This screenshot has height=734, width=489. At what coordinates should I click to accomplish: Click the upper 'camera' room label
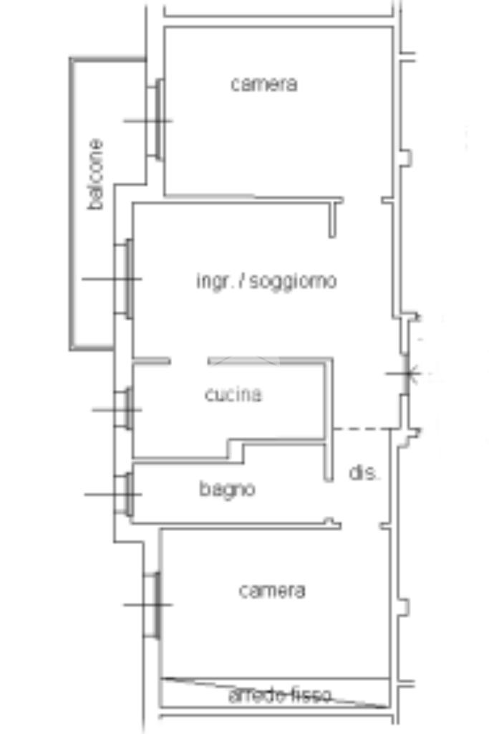coord(263,84)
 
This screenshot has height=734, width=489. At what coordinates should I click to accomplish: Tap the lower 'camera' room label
coord(271,591)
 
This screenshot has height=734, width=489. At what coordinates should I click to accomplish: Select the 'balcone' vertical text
coord(96,174)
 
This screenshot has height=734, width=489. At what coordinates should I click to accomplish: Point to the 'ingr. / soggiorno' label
coord(266,281)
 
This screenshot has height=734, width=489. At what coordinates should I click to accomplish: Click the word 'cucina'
coord(233,394)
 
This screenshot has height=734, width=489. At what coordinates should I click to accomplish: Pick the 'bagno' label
coord(227,490)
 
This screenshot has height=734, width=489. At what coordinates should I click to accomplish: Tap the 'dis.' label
coord(364,473)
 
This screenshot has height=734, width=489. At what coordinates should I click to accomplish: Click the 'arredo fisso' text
coord(280,695)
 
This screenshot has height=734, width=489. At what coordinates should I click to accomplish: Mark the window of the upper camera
coord(156,120)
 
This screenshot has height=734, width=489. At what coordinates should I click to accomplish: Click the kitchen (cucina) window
coord(126,409)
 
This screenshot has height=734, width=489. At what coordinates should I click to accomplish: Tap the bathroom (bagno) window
coord(126,494)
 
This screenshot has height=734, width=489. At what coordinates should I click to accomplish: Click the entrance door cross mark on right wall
coord(407,373)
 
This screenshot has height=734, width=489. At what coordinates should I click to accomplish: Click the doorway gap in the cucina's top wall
coord(189,361)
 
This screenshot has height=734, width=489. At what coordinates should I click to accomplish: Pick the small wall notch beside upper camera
coord(406,157)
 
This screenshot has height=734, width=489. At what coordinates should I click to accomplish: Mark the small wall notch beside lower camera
coord(404,607)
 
